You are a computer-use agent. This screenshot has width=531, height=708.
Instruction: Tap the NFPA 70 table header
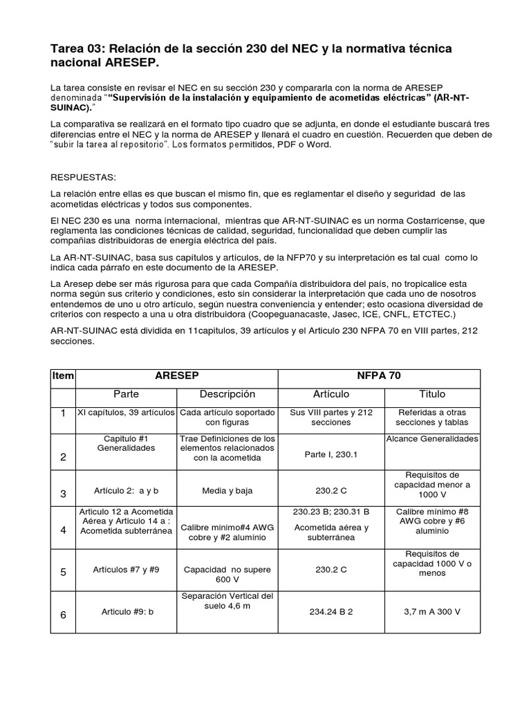(x=378, y=376)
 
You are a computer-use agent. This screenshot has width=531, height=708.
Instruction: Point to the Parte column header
(x=126, y=394)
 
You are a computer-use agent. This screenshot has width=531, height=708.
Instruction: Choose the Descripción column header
(x=227, y=394)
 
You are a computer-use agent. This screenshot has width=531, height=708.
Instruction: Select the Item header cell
(x=62, y=376)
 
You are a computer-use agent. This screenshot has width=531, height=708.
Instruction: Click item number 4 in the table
(x=62, y=530)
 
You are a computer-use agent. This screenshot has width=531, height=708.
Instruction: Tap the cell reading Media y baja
(x=227, y=490)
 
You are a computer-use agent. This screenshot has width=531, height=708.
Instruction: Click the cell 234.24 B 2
(x=331, y=612)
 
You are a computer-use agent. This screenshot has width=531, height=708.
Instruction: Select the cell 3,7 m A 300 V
(x=432, y=612)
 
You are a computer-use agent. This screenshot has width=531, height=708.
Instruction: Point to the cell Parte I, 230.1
(x=331, y=455)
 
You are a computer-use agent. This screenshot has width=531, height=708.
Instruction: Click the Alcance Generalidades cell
(x=432, y=438)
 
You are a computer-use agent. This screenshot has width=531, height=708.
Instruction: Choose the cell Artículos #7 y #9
(x=126, y=570)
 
